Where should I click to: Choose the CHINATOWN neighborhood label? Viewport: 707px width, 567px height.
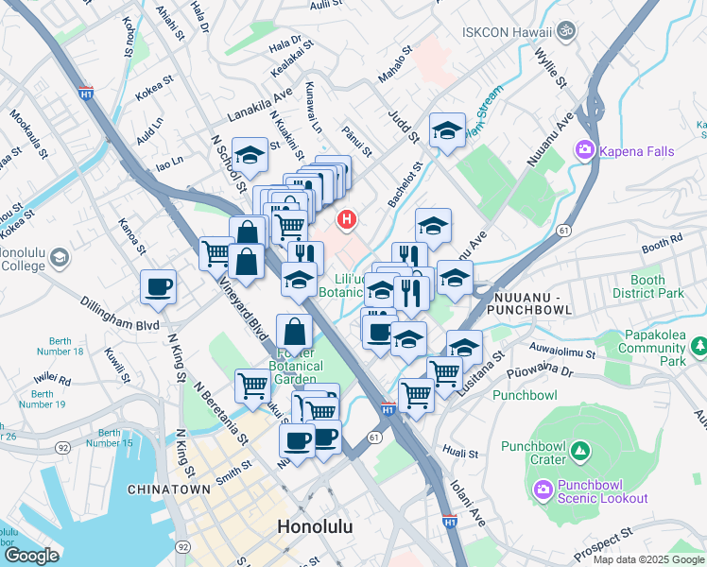click(x=169, y=490)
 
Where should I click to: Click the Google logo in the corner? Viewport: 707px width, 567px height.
click(x=31, y=555)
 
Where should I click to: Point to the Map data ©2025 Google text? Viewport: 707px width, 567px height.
click(x=647, y=559)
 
